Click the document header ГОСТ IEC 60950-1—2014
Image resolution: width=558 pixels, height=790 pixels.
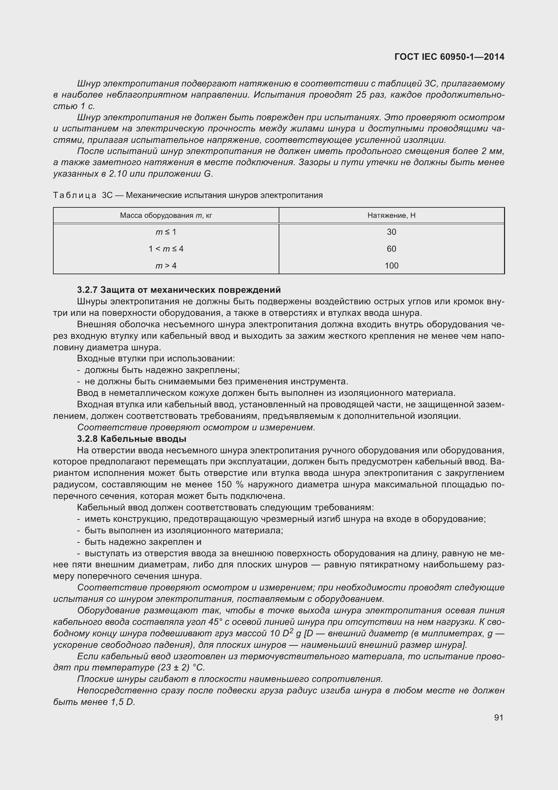coord(449,57)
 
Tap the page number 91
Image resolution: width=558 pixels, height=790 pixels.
coord(499,717)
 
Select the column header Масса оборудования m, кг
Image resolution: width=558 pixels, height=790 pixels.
coord(166,215)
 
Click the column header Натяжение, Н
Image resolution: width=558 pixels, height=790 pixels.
coord(391,215)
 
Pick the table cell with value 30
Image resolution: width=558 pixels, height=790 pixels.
coord(391,232)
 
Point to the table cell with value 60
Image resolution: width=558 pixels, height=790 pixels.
coord(391,249)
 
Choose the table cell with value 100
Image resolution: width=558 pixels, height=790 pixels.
coord(391,265)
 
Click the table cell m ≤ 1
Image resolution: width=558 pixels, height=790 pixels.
coord(166,232)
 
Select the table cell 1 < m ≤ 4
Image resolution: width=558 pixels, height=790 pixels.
coord(166,249)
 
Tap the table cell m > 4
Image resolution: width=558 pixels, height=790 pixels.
coord(166,265)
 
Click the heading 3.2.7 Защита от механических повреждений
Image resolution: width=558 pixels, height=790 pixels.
coord(179,290)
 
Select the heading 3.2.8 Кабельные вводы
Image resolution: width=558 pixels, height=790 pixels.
coord(132,439)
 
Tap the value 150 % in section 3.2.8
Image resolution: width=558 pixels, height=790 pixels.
coord(230,484)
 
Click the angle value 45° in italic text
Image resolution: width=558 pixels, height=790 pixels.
coord(216,622)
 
